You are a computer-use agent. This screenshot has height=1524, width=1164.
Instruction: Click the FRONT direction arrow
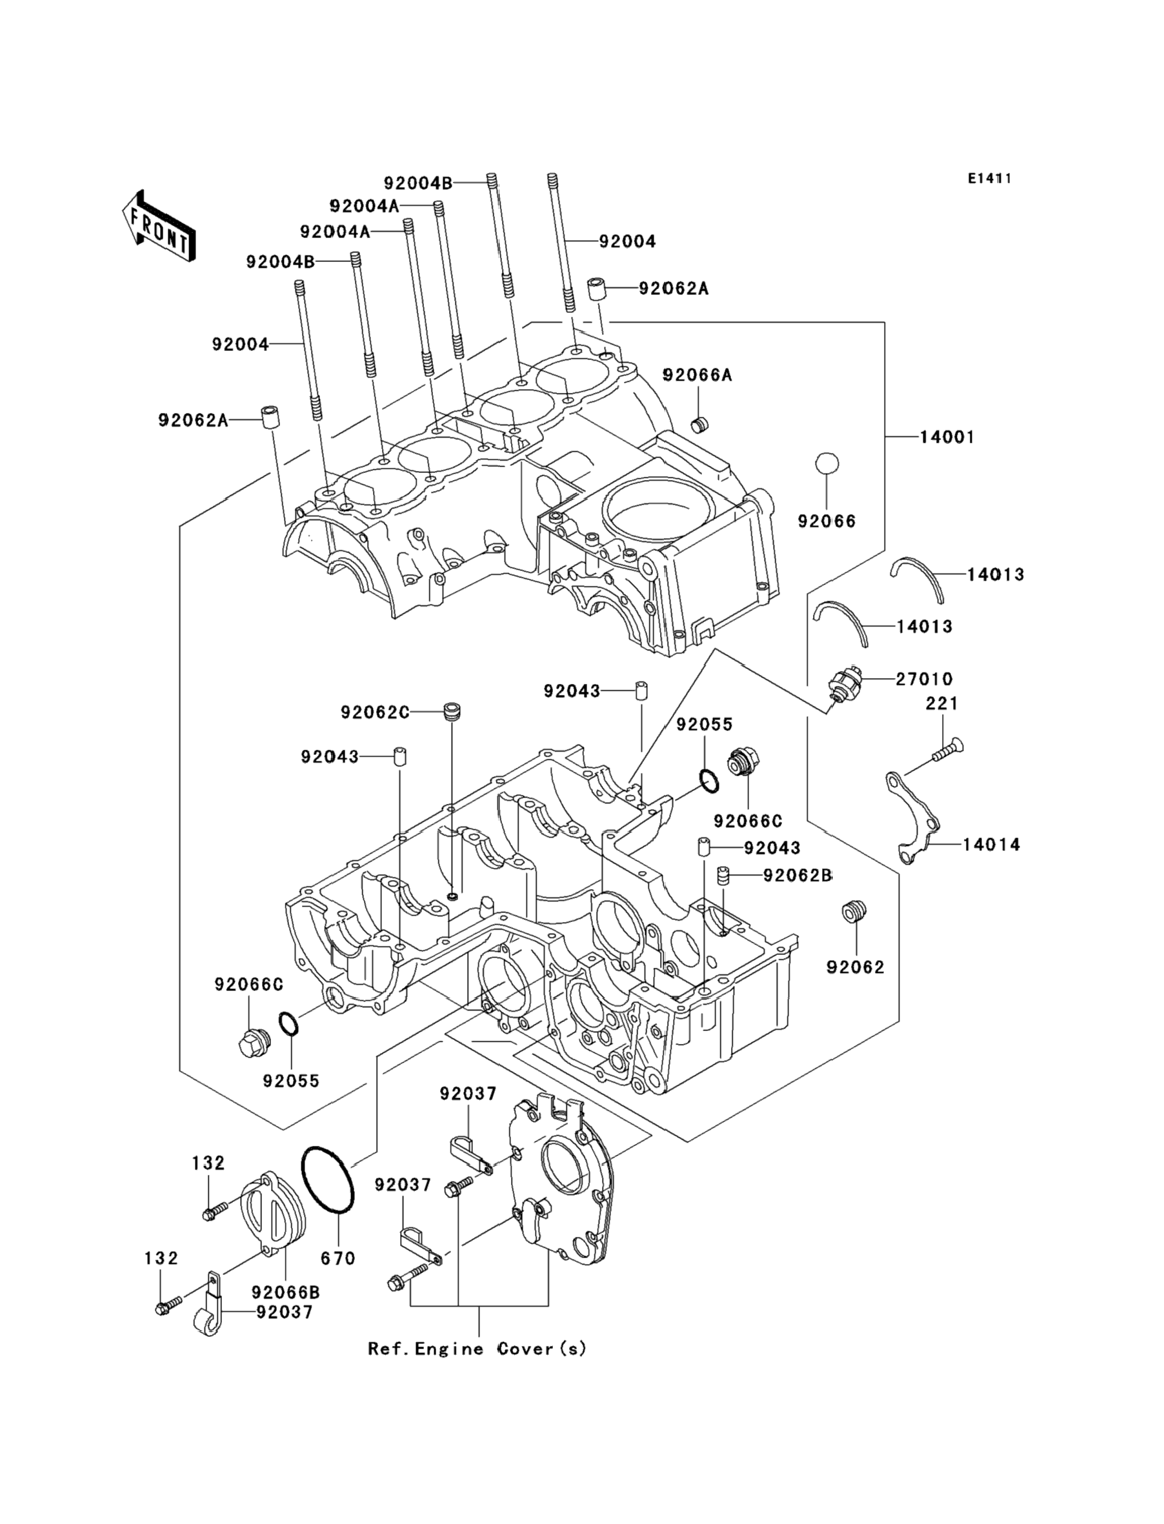[x=159, y=227]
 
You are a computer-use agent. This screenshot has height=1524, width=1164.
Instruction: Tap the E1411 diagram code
[x=989, y=179]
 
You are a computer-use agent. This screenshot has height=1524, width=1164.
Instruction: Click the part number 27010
[x=924, y=679]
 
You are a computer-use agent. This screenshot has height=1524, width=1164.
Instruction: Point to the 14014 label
[x=991, y=845]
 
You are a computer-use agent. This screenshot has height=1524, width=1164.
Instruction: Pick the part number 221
[x=942, y=704]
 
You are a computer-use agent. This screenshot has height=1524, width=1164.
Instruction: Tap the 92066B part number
[x=285, y=1292]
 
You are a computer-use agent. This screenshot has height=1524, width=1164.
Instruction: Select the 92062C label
[x=375, y=712]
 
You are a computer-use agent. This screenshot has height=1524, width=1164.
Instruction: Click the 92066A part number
[x=697, y=376]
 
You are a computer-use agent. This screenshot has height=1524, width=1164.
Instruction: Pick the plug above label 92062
[x=856, y=912]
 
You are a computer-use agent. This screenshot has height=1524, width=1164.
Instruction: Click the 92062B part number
[x=797, y=876]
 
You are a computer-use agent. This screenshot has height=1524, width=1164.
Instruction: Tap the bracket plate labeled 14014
[x=913, y=819]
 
